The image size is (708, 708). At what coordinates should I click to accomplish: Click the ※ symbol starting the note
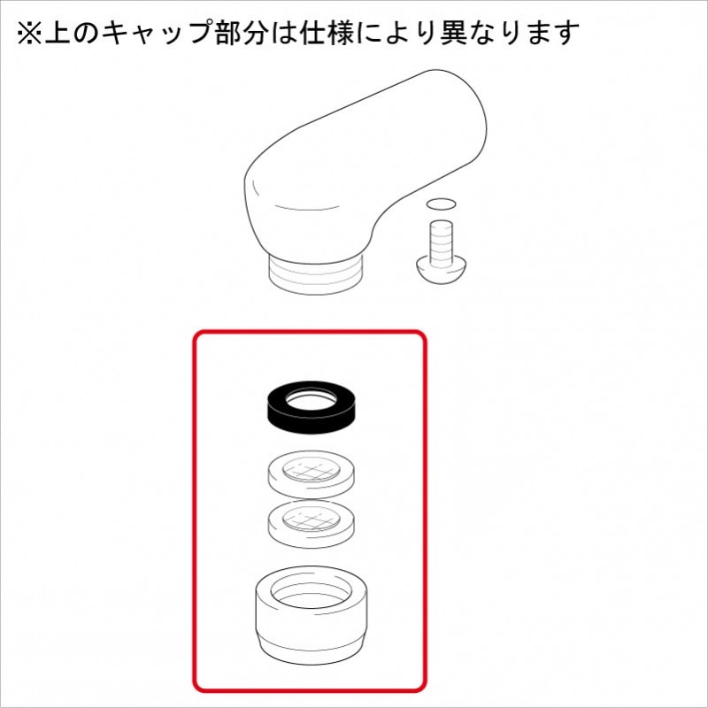[29, 33]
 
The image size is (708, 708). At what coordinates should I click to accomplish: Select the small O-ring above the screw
[441, 204]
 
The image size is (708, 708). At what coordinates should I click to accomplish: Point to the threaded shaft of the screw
[440, 237]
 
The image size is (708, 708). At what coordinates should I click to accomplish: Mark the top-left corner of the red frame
[196, 334]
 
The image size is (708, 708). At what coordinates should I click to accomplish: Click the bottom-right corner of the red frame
[426, 690]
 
